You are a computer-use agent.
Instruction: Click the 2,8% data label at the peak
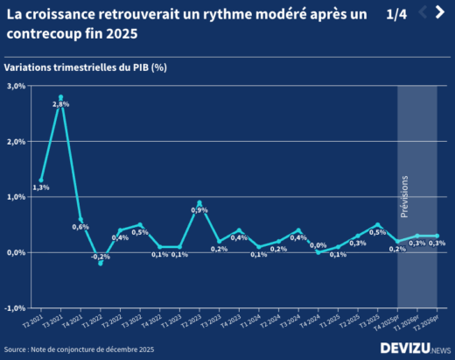[x=60, y=104]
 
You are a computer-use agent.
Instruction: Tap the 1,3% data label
[x=40, y=187]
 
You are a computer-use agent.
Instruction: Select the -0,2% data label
[x=101, y=257]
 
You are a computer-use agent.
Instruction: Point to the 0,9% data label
[x=199, y=210]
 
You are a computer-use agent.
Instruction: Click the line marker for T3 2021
[x=60, y=97]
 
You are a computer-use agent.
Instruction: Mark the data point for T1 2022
[x=101, y=263]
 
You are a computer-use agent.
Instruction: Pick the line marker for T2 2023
[x=199, y=202]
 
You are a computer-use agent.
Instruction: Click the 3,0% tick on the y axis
[x=17, y=86]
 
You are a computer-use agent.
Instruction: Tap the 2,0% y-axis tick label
[x=17, y=141]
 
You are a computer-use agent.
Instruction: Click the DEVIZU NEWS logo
[x=414, y=348]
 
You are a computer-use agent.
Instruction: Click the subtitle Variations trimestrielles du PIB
[x=85, y=67]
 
